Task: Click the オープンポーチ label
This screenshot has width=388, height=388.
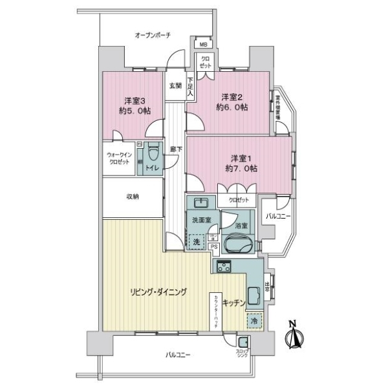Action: click(152, 36)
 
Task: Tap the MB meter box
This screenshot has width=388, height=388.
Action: click(203, 45)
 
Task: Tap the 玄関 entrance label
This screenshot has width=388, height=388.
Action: click(175, 85)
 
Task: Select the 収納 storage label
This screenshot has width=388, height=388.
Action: click(132, 197)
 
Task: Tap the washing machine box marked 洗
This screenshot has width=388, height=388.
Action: click(197, 241)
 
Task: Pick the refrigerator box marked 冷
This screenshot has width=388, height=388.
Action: click(254, 320)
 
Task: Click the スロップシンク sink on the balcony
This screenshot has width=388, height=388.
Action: click(244, 343)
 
